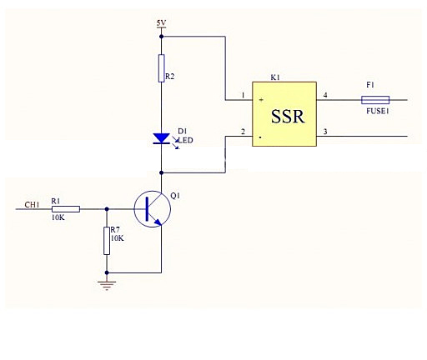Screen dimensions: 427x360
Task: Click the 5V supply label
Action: pos(161,22)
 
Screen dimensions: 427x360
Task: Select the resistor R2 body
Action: pos(161,68)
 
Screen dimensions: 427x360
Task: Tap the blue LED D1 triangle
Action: pos(161,138)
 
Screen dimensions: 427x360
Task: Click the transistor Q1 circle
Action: pos(153,209)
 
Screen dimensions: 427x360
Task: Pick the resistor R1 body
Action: pos(66,209)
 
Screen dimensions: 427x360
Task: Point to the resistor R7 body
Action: pos(107,241)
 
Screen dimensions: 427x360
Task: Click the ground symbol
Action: pos(107,286)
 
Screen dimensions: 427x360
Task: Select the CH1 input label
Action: pos(32,205)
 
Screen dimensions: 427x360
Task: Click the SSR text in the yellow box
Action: pos(288,117)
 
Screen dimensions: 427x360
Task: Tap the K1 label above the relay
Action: pos(275,77)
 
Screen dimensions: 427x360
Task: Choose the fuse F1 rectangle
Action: pos(375,100)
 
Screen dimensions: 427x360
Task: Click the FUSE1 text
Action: pos(378,111)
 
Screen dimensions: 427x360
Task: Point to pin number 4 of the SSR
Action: pos(325,95)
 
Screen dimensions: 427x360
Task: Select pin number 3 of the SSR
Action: pos(325,132)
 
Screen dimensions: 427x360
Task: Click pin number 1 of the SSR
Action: pos(243,95)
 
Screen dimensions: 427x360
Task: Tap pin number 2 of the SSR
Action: pos(243,132)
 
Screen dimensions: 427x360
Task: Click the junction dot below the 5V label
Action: pos(161,37)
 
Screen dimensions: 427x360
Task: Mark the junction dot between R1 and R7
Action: pos(107,209)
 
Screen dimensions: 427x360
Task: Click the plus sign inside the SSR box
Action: pos(261,100)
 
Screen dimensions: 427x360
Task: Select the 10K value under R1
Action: pos(58,217)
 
